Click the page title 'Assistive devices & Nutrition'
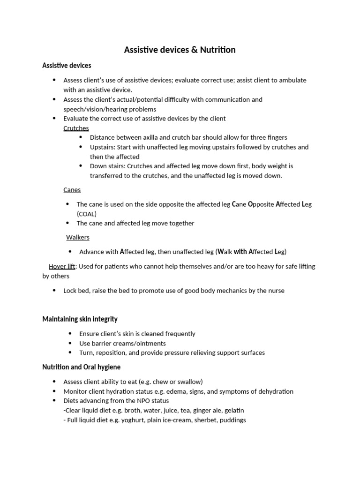[180, 50]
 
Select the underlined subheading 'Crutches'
[76, 128]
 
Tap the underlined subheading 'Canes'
[72, 190]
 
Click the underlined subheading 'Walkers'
[78, 238]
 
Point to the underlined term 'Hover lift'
[62, 266]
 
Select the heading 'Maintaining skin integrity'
[80, 319]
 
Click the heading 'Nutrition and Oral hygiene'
[81, 367]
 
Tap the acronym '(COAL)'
[87, 214]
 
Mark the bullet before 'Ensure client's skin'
[70, 334]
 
